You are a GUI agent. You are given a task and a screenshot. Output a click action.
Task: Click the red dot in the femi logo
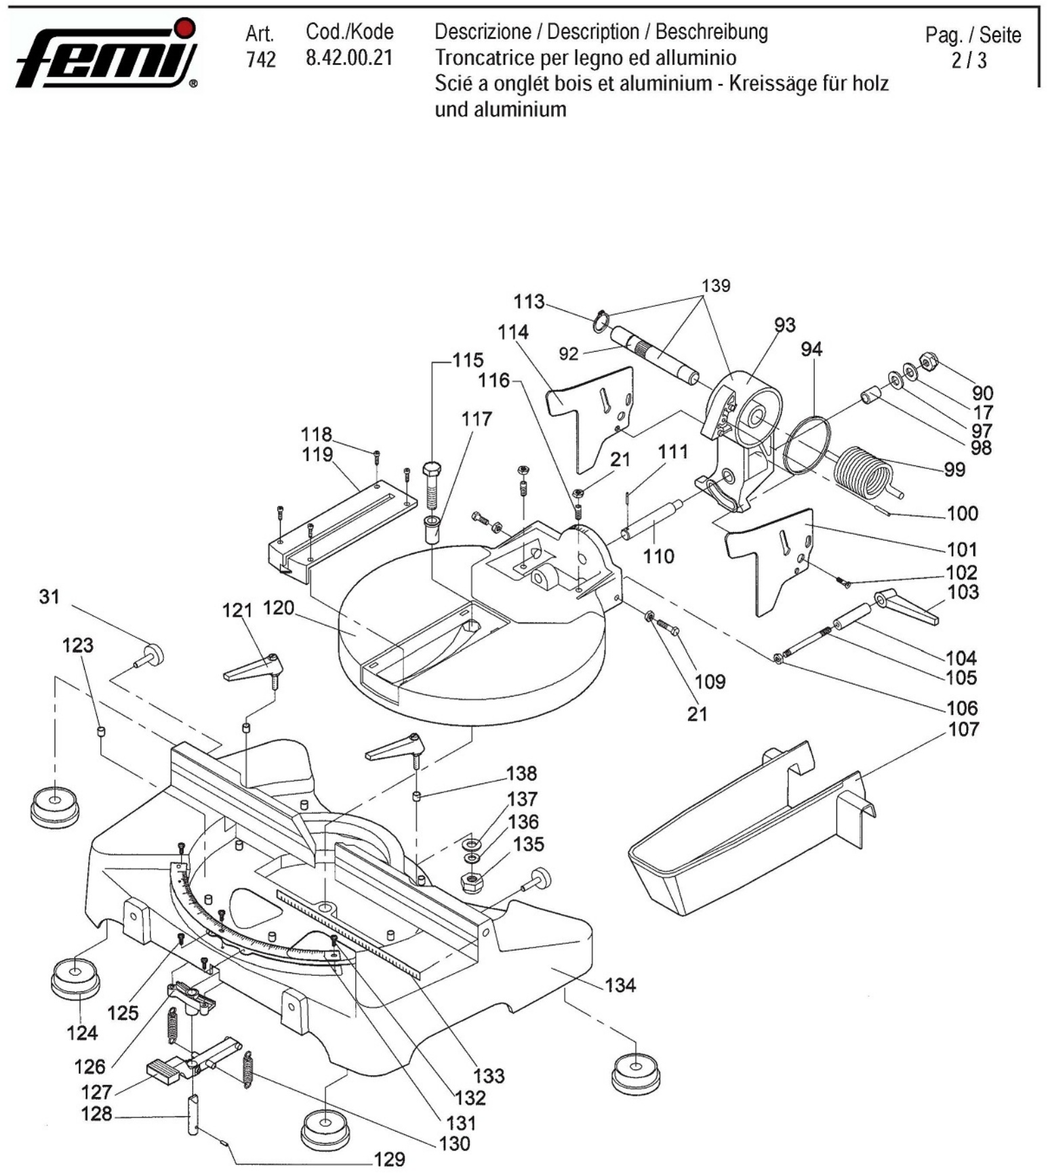(184, 27)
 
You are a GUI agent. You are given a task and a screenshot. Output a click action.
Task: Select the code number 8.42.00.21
(349, 58)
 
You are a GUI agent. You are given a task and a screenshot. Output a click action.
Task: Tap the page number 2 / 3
(969, 61)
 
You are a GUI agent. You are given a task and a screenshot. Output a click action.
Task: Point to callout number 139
(716, 286)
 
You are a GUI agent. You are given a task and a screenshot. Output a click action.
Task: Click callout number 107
(963, 730)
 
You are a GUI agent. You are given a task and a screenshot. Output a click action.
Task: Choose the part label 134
(620, 985)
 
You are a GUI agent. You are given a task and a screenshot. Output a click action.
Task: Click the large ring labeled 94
(806, 445)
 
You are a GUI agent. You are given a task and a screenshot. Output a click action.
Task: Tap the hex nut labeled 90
(927, 360)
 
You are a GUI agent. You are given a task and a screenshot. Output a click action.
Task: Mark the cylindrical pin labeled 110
(650, 519)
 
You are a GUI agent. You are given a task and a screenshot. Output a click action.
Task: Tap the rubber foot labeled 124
(75, 976)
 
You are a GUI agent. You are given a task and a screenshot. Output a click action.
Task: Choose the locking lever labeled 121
(254, 668)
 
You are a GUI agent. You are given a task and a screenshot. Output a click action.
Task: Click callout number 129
(389, 1159)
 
